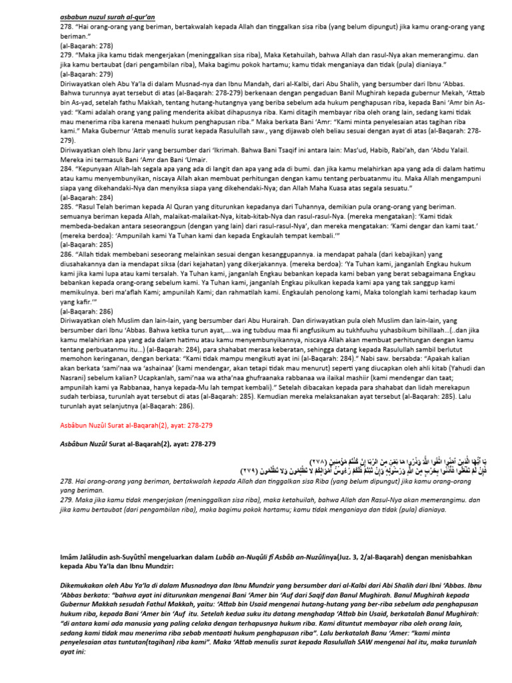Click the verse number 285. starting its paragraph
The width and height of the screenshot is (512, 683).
tap(65, 207)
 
